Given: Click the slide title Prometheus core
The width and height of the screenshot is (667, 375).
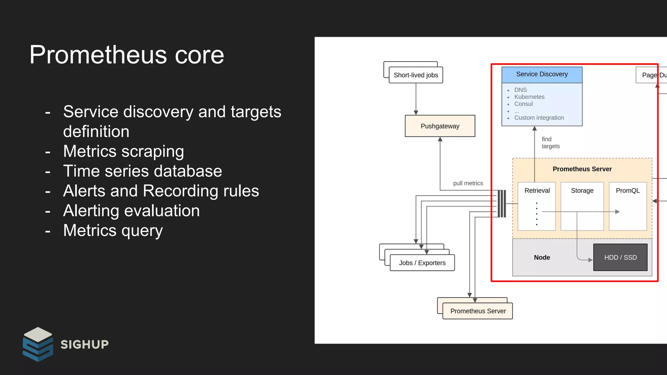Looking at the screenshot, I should tap(127, 55).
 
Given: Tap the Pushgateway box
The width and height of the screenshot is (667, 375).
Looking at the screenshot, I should tap(440, 126).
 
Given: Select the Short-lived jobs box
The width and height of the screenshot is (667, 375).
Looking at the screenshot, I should tap(416, 75).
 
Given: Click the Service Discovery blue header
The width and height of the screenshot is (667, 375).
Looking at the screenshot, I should tap(542, 75).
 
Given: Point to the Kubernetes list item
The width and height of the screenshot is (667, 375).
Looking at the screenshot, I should tap(529, 97).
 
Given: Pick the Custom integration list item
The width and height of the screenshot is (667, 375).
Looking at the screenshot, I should tap(539, 118).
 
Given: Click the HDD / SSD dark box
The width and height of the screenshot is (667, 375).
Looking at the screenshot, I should tap(620, 257).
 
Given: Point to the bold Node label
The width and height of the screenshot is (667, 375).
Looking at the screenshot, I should tap(542, 257).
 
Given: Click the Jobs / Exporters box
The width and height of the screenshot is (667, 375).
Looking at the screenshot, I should tap(422, 263).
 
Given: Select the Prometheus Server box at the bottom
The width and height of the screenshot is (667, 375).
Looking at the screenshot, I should tap(478, 311).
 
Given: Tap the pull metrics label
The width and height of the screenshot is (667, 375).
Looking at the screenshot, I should tap(468, 183).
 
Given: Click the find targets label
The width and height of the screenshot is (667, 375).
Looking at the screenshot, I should tap(550, 143).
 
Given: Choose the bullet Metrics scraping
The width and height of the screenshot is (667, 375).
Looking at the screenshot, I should tap(123, 151).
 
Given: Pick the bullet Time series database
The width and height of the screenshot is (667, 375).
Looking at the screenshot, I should tap(142, 171).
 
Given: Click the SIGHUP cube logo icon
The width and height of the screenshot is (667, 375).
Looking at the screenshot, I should tap(38, 344).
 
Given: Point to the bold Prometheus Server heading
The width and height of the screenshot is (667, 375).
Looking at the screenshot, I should tap(582, 169).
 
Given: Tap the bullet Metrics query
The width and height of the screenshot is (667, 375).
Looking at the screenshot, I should tap(113, 230).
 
